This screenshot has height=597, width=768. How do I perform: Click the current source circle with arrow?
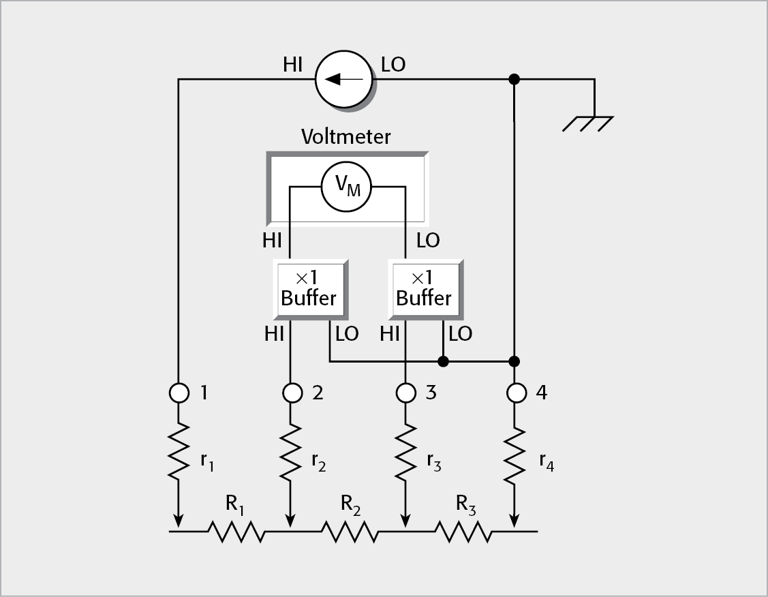[x=343, y=79]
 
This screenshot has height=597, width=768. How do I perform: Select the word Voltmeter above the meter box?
[x=346, y=137]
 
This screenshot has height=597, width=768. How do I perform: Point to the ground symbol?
[x=588, y=123]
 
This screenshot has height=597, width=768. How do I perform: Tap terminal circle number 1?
[x=179, y=393]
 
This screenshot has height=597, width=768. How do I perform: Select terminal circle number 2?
[x=292, y=393]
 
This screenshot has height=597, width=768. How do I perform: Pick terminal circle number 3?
[x=406, y=393]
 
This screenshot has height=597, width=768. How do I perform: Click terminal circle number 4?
[x=516, y=393]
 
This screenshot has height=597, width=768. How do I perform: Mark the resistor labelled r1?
[x=179, y=452]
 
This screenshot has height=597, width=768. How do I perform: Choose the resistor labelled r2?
[x=292, y=452]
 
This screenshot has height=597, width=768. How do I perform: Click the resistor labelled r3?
[x=406, y=452]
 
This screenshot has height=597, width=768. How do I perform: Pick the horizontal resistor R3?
[x=463, y=531]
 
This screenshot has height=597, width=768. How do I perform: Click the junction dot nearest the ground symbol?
[x=514, y=80]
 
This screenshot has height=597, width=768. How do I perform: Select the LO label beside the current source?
[x=393, y=65]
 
